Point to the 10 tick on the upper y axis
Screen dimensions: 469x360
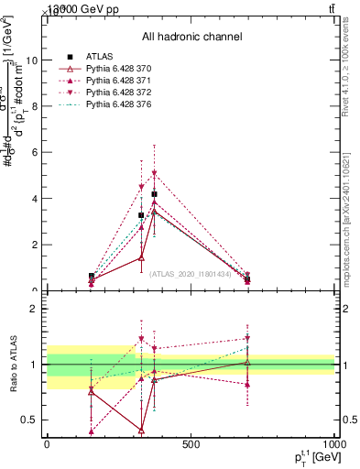[34, 60]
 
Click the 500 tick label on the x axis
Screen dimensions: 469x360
[191, 446]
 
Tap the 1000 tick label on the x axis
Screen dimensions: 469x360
[333, 446]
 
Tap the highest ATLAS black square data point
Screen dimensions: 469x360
[154, 194]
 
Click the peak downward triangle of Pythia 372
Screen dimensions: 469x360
[154, 173]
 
